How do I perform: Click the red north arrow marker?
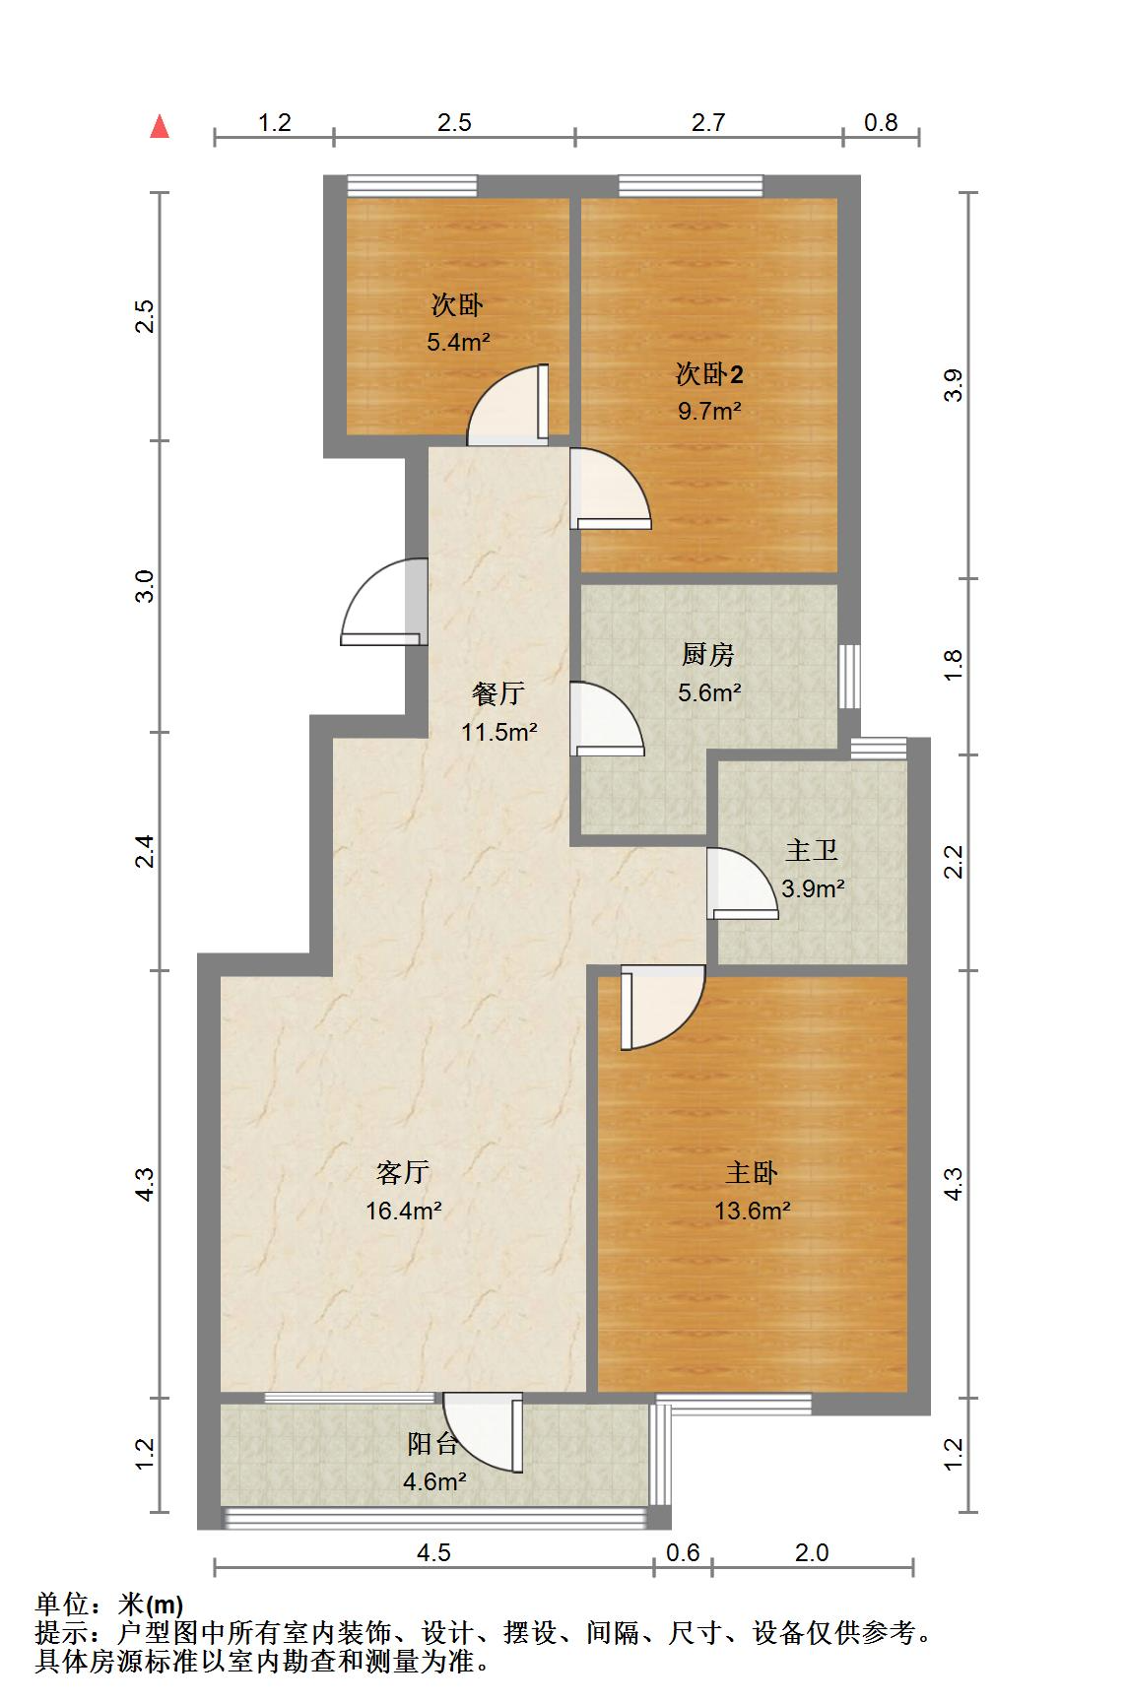coord(160,126)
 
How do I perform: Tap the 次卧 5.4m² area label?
coord(458,324)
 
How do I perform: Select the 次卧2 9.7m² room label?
coord(709,392)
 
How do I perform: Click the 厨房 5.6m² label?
coord(708,673)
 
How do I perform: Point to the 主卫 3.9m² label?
coord(813,869)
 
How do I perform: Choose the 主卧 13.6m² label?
coord(753,1191)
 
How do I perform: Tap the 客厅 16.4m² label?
coord(403,1191)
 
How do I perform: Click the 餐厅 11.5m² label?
coord(499,712)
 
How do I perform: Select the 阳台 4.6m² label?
coord(434,1462)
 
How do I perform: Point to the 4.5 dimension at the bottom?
coord(433,1553)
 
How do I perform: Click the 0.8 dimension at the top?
coord(881,122)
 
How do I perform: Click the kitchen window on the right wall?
coord(849,676)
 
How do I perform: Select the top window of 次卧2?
coord(691,185)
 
